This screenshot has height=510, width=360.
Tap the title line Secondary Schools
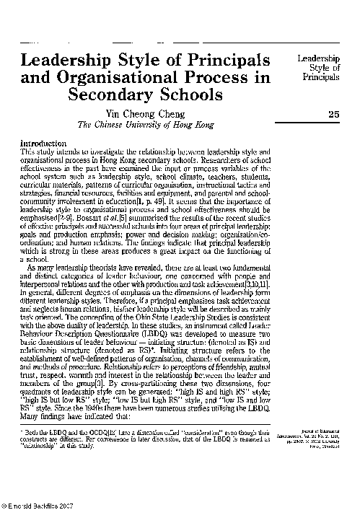145,96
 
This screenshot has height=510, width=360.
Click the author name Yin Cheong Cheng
145,113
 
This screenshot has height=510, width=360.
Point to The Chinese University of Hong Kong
145,125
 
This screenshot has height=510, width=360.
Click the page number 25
333,114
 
